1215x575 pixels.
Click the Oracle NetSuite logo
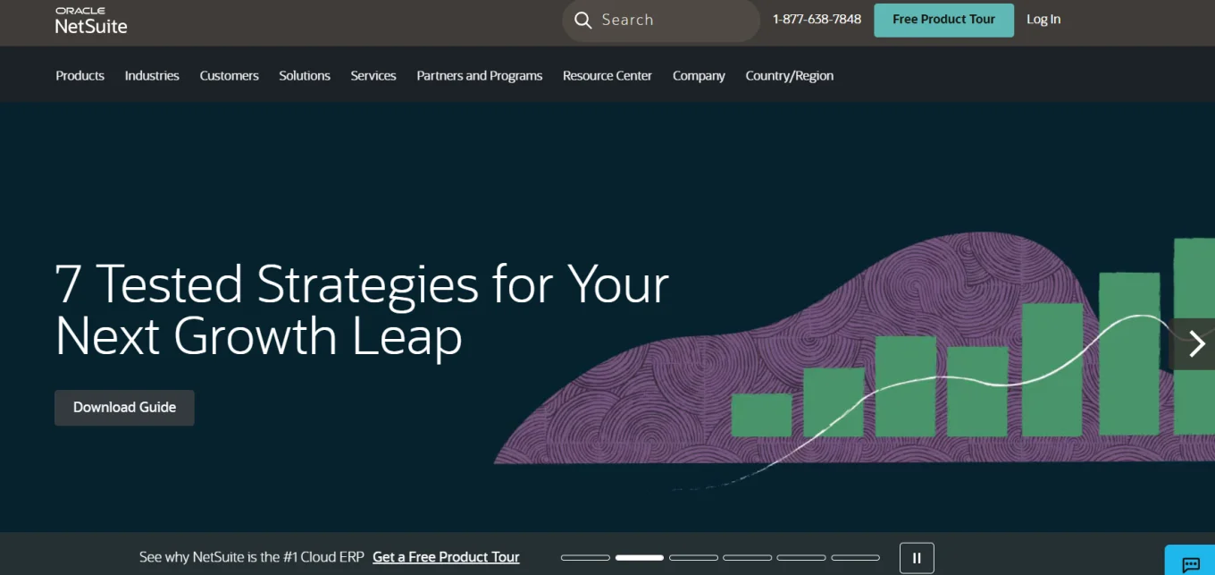coord(91,21)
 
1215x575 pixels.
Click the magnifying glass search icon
coord(582,20)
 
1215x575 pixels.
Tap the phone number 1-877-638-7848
coord(817,20)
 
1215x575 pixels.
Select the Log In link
coord(1043,20)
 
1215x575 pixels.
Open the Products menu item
coord(80,75)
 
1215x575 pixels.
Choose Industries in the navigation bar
coord(152,75)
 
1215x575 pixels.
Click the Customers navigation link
coord(229,75)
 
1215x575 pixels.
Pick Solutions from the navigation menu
coord(305,75)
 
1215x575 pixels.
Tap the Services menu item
coord(373,75)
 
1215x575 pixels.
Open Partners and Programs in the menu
coord(480,75)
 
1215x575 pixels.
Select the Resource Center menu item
coord(607,75)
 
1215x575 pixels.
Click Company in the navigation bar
coord(699,75)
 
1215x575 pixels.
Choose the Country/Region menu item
coord(789,75)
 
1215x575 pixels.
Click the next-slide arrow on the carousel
coord(1195,343)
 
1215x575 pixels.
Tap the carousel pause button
coord(917,558)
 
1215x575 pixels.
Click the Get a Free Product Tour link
coord(446,557)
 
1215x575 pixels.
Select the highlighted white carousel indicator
coord(640,558)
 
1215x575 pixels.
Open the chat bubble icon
coord(1191,564)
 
